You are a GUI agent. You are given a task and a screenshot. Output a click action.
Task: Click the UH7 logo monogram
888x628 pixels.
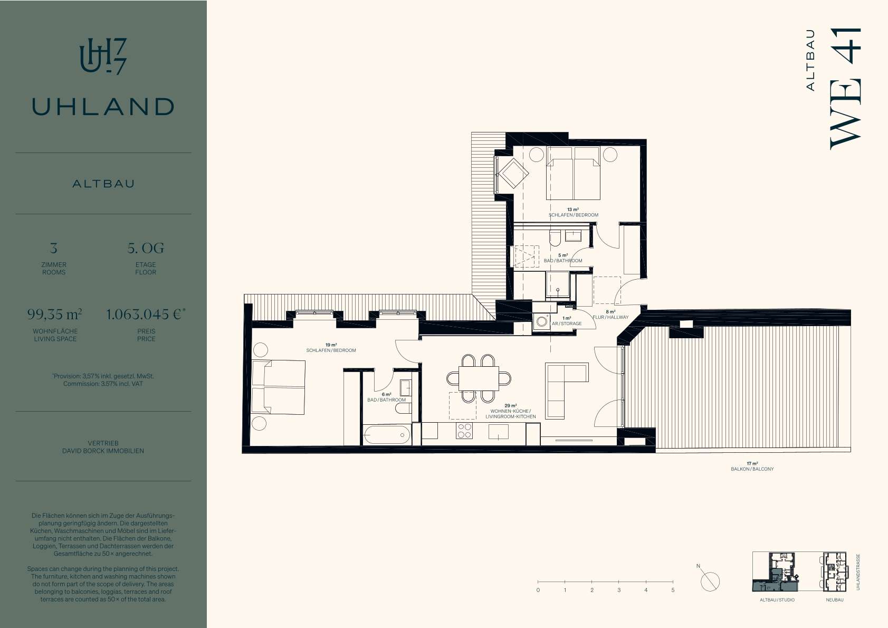[x=103, y=56]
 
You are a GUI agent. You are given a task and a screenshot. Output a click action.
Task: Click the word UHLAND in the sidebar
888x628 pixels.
[x=103, y=107]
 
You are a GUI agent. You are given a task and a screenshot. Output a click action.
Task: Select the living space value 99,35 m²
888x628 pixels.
[x=55, y=315]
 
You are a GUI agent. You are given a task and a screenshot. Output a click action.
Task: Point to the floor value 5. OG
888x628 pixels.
[x=146, y=248]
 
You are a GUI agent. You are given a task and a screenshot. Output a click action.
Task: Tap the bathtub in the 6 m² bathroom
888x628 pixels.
[x=387, y=435]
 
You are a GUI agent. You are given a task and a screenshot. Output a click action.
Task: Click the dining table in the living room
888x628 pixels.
[x=479, y=378]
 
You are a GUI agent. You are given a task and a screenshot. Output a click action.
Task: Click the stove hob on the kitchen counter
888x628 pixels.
[x=465, y=431]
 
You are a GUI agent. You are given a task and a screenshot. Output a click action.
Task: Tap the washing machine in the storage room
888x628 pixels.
[x=542, y=321]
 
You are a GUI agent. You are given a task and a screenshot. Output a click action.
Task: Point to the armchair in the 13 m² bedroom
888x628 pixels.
[x=513, y=173]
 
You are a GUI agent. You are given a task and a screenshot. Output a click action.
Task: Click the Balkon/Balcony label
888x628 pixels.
[x=752, y=469]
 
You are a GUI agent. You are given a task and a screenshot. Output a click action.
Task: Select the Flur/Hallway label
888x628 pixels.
[x=610, y=317]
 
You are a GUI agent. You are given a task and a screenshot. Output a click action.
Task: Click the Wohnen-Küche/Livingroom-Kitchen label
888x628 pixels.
[x=511, y=414]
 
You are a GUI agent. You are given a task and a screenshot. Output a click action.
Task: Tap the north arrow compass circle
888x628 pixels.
[x=710, y=582]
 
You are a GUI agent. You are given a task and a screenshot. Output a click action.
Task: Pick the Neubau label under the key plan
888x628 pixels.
[x=835, y=600]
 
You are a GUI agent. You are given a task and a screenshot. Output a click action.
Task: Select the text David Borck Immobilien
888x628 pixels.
[x=103, y=451]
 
